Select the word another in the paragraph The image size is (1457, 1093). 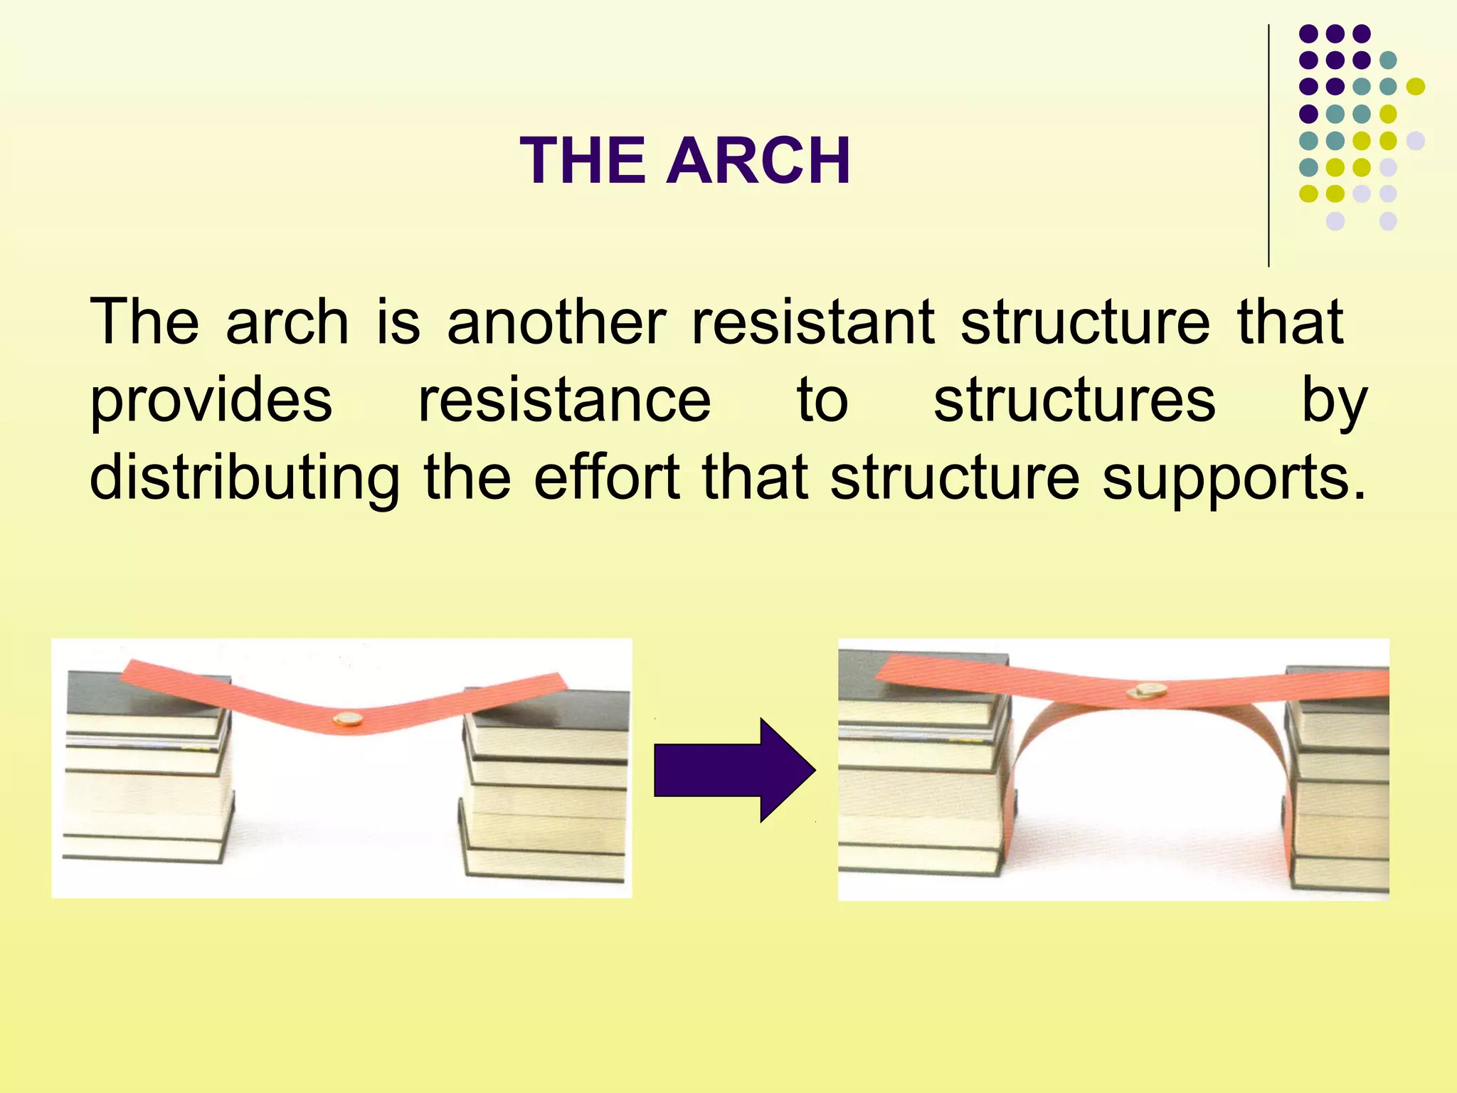[x=556, y=322]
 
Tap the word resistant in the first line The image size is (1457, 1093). [x=813, y=322]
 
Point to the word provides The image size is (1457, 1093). [x=211, y=401]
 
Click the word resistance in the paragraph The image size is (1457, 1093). [x=564, y=401]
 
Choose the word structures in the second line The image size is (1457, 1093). [x=1074, y=401]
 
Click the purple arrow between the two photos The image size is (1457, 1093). [x=733, y=770]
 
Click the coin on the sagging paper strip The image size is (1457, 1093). [x=349, y=720]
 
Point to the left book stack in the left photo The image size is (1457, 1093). [x=148, y=769]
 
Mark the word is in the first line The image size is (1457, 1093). [x=398, y=322]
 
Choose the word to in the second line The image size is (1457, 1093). [x=822, y=401]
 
